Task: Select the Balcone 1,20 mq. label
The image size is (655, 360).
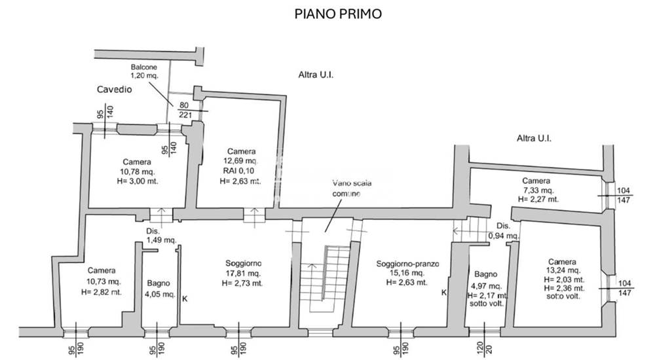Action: (x=144, y=71)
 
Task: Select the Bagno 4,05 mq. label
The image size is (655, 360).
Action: (x=159, y=289)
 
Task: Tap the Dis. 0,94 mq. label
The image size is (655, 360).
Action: (x=504, y=230)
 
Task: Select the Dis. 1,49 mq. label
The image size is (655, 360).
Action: (x=160, y=236)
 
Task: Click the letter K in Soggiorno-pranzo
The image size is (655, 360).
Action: (x=444, y=292)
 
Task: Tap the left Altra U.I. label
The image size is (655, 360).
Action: (x=316, y=75)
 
